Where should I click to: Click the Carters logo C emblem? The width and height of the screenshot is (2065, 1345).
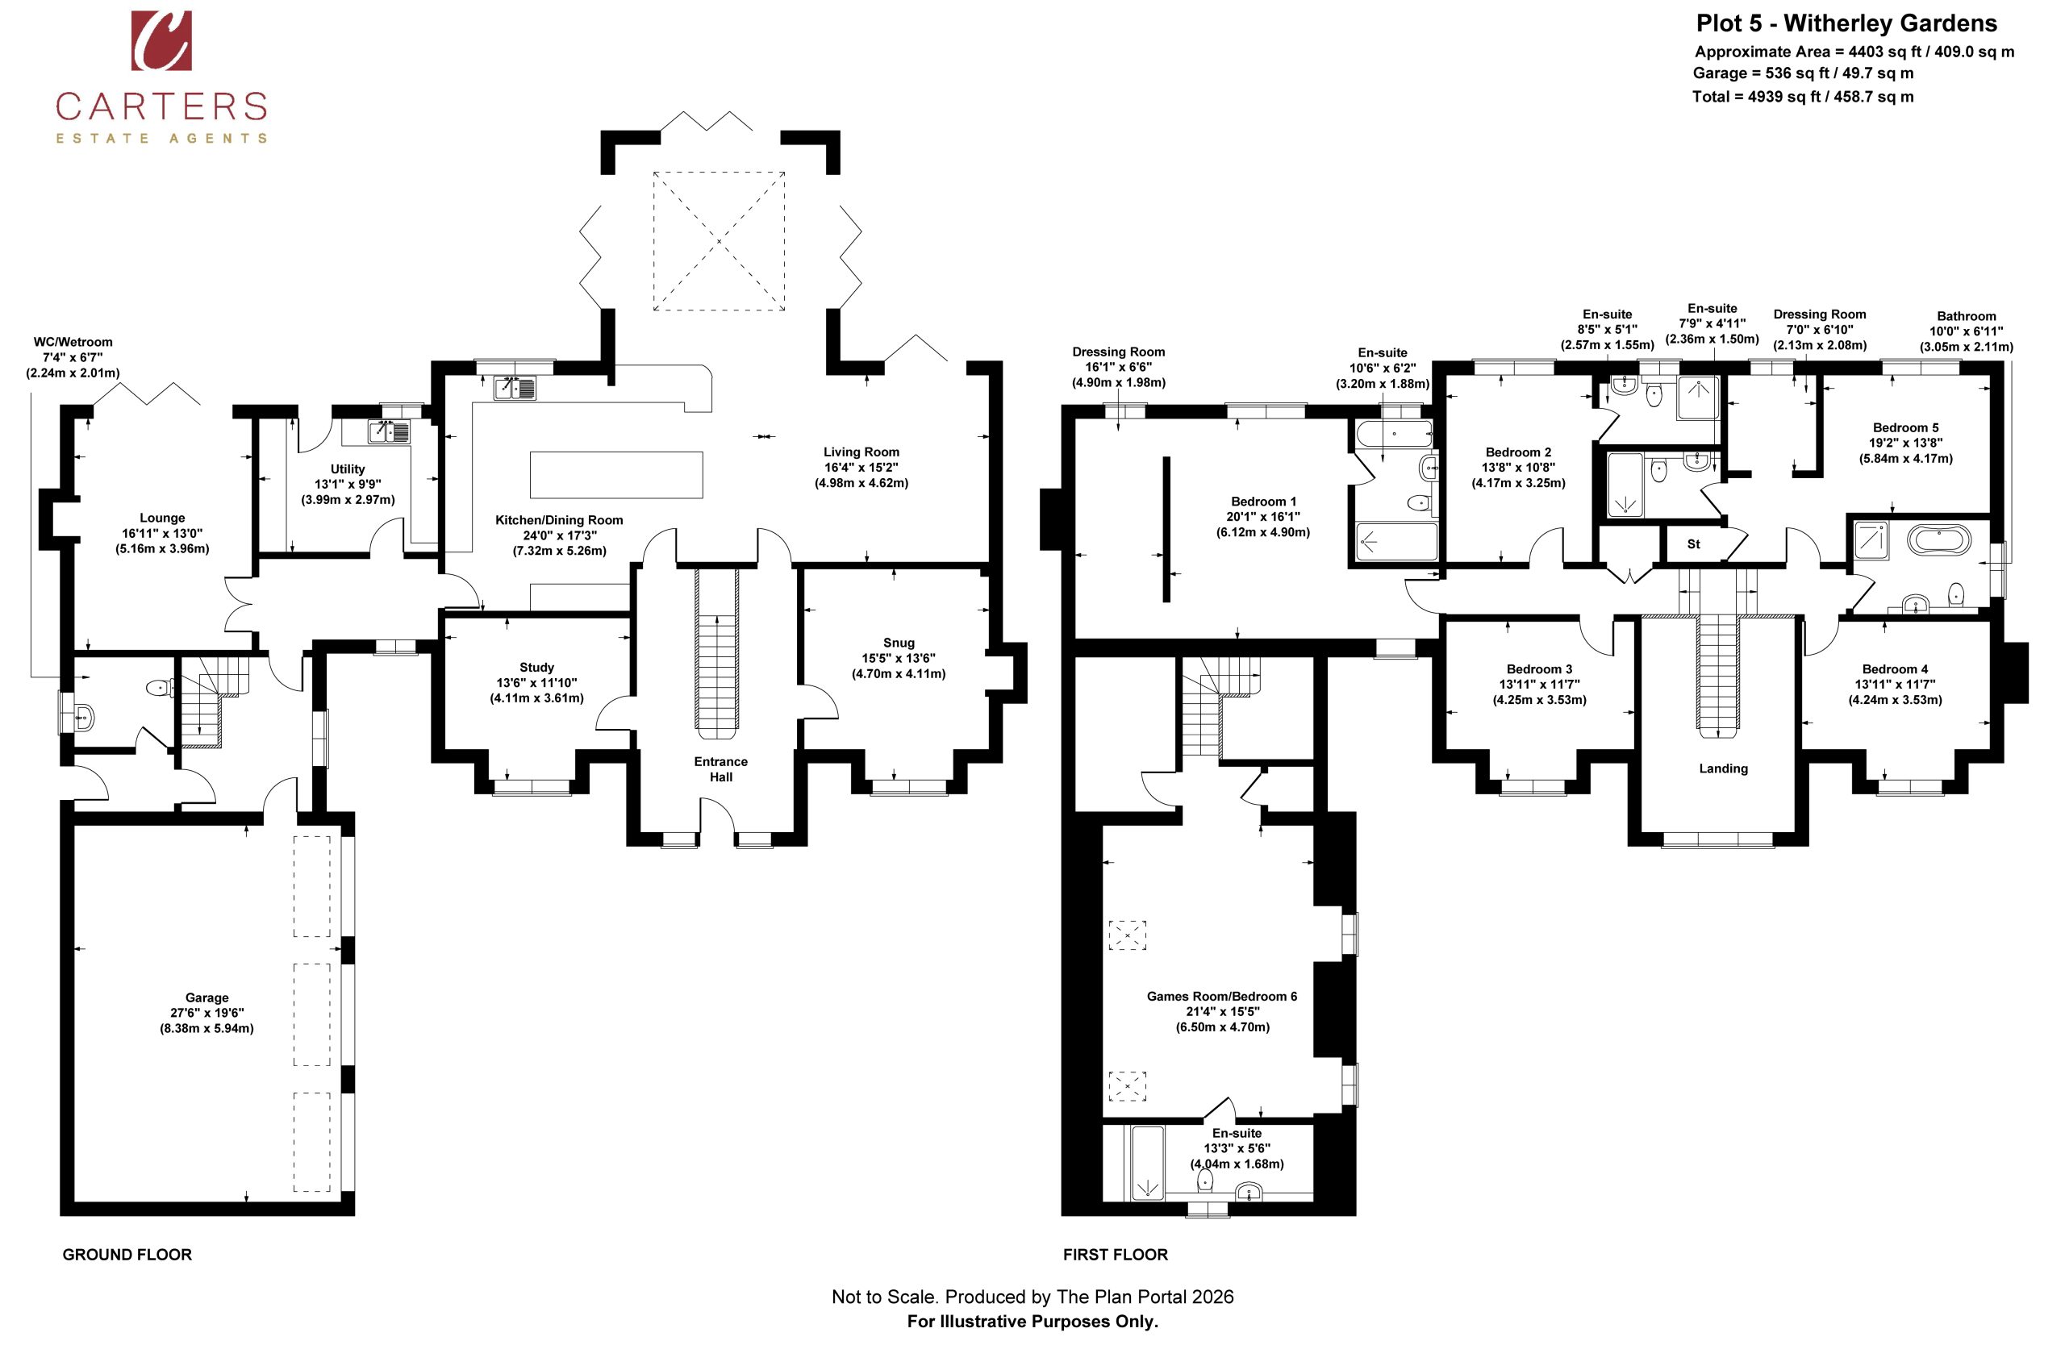[161, 41]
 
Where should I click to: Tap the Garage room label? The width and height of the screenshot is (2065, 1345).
[206, 997]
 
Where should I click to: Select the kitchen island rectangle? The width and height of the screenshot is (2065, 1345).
[616, 474]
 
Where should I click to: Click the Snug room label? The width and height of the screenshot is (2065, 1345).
[899, 643]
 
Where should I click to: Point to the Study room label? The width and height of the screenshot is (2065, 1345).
[536, 667]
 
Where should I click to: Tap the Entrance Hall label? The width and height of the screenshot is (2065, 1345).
[721, 769]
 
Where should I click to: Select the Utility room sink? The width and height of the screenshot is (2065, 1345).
[388, 431]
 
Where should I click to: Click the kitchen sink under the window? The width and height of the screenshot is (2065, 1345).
[515, 388]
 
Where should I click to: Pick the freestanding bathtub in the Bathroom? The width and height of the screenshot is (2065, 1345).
[1938, 539]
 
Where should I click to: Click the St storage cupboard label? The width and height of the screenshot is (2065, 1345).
[1693, 544]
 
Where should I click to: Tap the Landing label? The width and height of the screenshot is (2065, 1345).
[1723, 768]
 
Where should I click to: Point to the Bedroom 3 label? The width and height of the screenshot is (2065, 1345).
[1539, 668]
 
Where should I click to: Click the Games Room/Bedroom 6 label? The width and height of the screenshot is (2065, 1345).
[1221, 997]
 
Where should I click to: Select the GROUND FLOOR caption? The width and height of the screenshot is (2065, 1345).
[127, 1254]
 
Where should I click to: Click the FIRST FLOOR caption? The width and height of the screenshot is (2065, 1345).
[1115, 1254]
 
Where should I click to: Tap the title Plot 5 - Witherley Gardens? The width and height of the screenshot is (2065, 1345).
[1846, 23]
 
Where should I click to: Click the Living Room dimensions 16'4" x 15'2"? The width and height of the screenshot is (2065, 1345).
[861, 468]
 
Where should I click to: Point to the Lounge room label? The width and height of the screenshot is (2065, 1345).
[162, 518]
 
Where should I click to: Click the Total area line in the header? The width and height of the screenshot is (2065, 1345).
[1802, 96]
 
